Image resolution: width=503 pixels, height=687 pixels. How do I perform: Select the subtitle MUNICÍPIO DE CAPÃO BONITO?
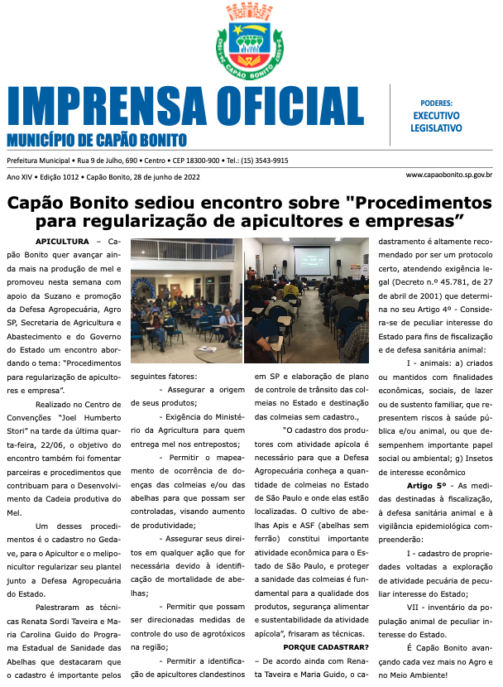pos(97,141)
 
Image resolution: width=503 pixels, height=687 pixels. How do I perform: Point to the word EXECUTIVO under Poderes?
pos(436,116)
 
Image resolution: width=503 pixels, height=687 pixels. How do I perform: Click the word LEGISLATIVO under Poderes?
pos(436,128)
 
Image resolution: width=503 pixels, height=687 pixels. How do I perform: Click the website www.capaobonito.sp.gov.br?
pos(449,175)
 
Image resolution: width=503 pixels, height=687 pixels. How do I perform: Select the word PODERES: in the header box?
pos(436,103)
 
